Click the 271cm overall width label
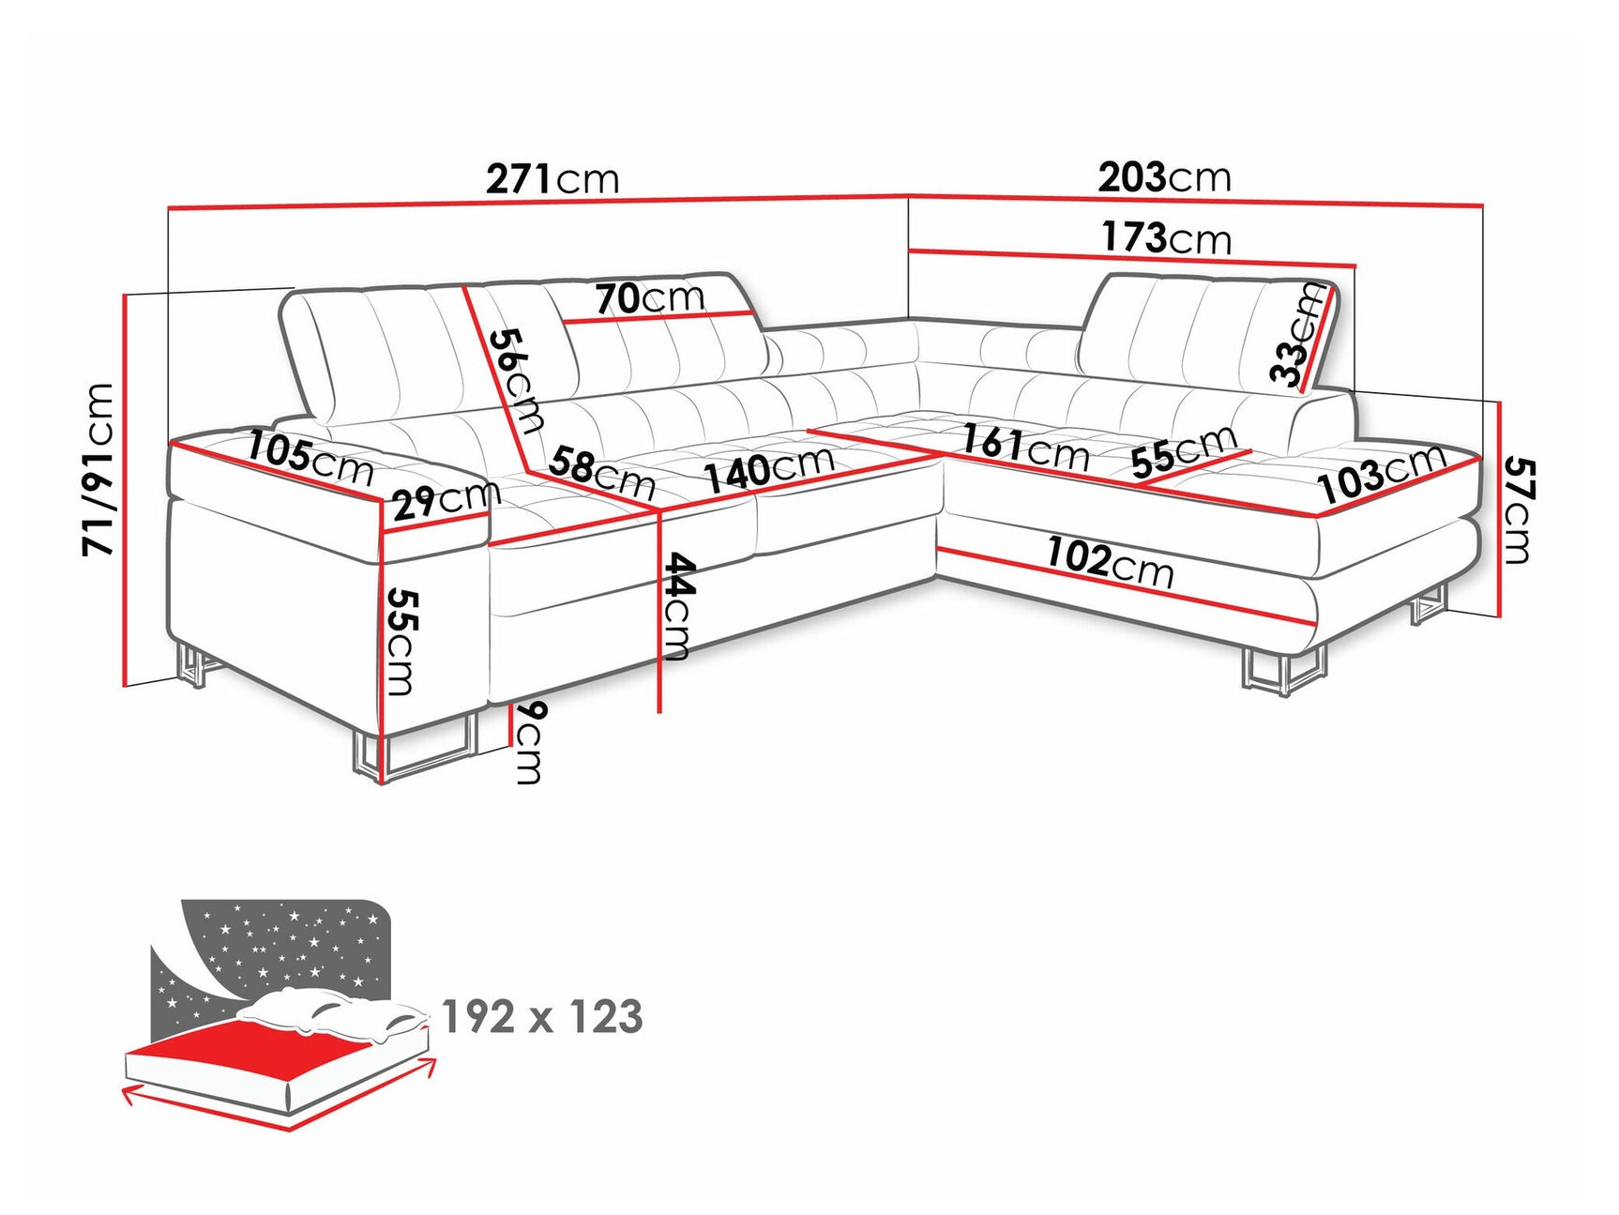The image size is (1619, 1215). point(552,178)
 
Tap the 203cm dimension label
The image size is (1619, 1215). point(1164,176)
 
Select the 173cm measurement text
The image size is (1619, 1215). point(1166,237)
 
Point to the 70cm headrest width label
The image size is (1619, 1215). point(650,298)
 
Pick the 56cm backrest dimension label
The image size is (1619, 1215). point(517,380)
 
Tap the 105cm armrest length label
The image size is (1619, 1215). point(310,458)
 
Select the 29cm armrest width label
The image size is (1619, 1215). point(446,500)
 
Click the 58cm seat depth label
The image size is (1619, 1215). point(601,472)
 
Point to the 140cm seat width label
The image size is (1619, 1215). point(769,468)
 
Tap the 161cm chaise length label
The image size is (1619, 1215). point(1025,447)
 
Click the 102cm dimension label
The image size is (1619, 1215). point(1110,561)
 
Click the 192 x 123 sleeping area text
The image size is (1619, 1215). point(542,1017)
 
